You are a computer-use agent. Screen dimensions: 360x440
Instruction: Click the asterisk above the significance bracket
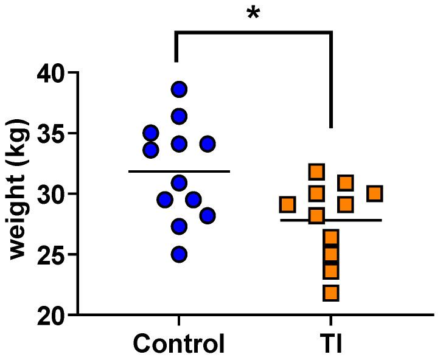(x=253, y=13)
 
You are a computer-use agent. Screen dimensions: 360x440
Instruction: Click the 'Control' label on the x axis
(x=179, y=344)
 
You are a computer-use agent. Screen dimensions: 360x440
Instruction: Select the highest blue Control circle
(x=179, y=89)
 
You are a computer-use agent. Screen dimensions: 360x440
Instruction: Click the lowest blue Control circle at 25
(x=179, y=254)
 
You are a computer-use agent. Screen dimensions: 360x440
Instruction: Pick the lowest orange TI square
(x=331, y=293)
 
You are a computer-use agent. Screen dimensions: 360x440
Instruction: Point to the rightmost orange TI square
(x=375, y=193)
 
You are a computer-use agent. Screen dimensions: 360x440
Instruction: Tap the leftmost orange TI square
(x=287, y=204)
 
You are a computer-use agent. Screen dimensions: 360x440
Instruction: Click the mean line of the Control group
(x=179, y=171)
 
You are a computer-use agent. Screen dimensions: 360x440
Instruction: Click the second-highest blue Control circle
(x=179, y=116)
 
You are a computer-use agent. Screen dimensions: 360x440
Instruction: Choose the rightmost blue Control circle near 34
(x=208, y=144)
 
